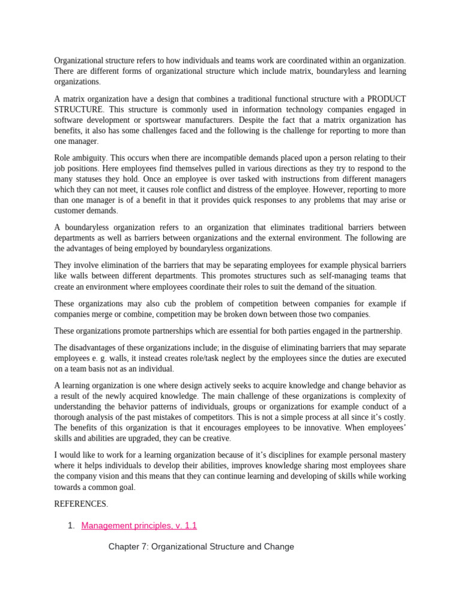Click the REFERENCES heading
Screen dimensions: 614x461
[x=81, y=504]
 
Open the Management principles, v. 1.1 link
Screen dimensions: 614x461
[x=139, y=526]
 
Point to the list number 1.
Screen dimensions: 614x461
[x=70, y=526]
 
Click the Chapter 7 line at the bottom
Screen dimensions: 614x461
[x=201, y=547]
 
